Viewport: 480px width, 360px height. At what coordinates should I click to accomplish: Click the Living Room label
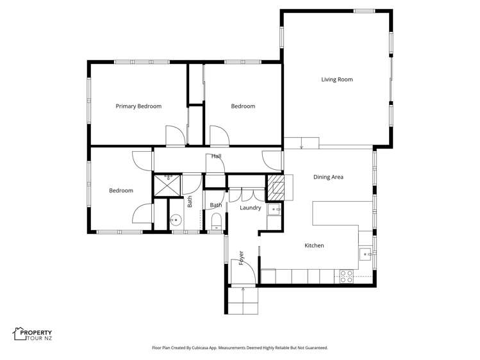point(336,79)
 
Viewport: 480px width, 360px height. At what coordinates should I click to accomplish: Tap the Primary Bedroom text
point(138,106)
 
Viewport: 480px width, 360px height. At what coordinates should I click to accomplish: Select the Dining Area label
point(328,177)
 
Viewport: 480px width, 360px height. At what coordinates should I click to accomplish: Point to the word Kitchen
point(314,245)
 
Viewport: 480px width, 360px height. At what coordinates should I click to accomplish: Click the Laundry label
point(250,208)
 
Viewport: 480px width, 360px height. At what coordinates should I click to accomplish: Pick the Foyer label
point(242,258)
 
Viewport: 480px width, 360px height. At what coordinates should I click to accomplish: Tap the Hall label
point(217,156)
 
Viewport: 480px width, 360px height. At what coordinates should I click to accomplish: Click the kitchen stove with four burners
point(346,276)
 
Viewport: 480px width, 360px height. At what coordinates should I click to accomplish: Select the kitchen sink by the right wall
point(365,254)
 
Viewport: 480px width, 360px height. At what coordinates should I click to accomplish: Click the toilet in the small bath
point(216,222)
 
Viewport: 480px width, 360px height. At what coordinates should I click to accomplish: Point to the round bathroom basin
point(174,220)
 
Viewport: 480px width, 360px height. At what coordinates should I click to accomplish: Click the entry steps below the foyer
point(243,302)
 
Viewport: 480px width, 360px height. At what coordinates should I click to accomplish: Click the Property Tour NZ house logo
point(19,333)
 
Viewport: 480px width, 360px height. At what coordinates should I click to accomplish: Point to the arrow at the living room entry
point(301,147)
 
